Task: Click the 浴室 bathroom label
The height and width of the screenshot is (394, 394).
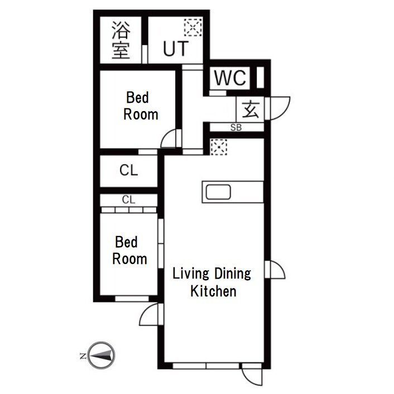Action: click(x=121, y=40)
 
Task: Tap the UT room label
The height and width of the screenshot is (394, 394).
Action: click(x=176, y=49)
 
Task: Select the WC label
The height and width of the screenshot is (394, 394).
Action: click(x=230, y=78)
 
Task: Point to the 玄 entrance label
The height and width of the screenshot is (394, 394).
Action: click(x=251, y=109)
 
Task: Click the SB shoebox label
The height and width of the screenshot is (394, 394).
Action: click(x=236, y=128)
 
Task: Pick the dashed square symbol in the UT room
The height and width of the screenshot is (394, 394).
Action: click(x=193, y=27)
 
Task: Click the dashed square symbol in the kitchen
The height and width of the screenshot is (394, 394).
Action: click(x=219, y=147)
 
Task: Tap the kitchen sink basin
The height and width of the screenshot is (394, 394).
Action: click(x=218, y=192)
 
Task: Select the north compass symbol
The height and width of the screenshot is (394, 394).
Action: click(x=102, y=355)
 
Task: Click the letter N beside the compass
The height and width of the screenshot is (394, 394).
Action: click(x=83, y=356)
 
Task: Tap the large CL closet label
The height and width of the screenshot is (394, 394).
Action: click(x=129, y=170)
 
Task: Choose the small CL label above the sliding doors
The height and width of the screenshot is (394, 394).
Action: click(x=129, y=200)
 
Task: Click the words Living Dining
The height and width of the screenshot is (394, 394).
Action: click(x=212, y=273)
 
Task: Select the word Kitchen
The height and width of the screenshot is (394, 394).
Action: click(x=213, y=291)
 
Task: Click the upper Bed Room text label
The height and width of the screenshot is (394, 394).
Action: click(x=141, y=106)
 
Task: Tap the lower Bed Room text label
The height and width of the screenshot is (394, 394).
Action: click(x=129, y=251)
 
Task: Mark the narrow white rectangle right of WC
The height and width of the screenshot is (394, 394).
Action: click(x=260, y=78)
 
